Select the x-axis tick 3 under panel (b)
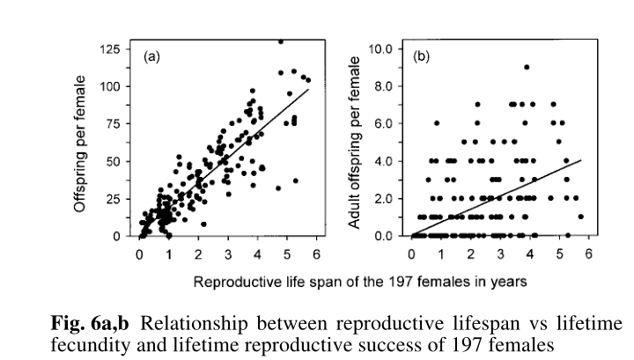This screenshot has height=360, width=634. (500, 253)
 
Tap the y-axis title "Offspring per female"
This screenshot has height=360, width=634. (80, 142)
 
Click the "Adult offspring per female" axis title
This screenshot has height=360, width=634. (357, 142)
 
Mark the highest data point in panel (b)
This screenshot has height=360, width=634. (526, 67)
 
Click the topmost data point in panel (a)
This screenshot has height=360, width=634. (281, 40)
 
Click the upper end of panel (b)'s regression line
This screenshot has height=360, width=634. (581, 160)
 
